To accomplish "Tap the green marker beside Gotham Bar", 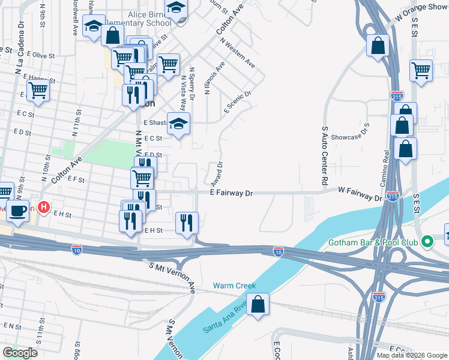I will coord(427,242).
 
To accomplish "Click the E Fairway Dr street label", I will coord(232,193).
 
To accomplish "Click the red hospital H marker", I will coord(43,208).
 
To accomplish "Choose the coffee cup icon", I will coord(17,211).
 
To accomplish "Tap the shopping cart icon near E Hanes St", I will coord(38,91).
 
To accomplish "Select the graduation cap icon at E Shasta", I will coord(178,124).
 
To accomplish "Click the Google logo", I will coord(20,353).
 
